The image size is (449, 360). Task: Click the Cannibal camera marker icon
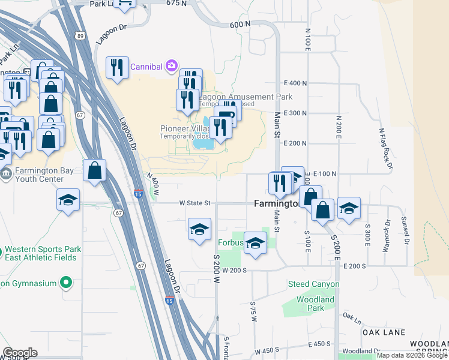pos(172,65)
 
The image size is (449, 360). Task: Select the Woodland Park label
pos(316,304)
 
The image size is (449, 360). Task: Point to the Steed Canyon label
pos(313,284)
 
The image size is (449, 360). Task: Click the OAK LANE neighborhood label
pos(383,332)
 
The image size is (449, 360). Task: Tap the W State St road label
pos(194,203)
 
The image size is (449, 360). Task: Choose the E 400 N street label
pos(295,83)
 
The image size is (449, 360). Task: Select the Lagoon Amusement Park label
pos(246,97)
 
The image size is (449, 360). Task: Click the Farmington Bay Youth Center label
pos(41,175)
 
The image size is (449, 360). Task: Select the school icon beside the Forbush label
pos(256,243)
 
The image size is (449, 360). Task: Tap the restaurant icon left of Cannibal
pos(117,67)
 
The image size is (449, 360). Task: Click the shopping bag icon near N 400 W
pos(95,170)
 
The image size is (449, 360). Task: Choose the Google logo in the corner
pos(20,353)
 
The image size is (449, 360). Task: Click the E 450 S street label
pos(319,344)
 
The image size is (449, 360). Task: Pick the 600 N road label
pos(239,24)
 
